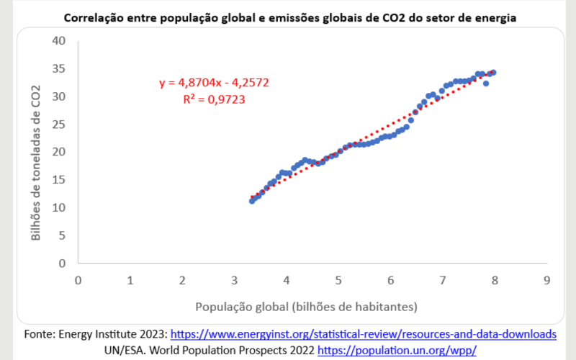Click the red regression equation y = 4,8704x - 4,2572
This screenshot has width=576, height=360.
[215, 83]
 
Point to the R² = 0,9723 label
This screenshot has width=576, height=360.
[215, 99]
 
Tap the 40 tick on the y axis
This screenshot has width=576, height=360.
[59, 40]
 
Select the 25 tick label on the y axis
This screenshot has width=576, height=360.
[59, 124]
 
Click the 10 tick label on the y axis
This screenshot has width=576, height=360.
[59, 207]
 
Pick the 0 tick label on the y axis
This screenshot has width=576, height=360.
[62, 263]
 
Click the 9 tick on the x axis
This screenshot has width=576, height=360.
[547, 279]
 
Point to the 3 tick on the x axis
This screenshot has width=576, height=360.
[234, 279]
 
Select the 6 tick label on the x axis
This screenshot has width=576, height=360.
[390, 279]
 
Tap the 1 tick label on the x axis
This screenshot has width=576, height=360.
[130, 279]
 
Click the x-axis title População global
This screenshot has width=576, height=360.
[306, 307]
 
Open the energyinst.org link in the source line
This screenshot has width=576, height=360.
[363, 335]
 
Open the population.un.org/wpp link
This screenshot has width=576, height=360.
[397, 350]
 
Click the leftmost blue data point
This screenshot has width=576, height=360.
[252, 201]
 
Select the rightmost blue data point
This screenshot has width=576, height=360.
[493, 72]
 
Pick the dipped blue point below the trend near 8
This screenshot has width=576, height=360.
[486, 84]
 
